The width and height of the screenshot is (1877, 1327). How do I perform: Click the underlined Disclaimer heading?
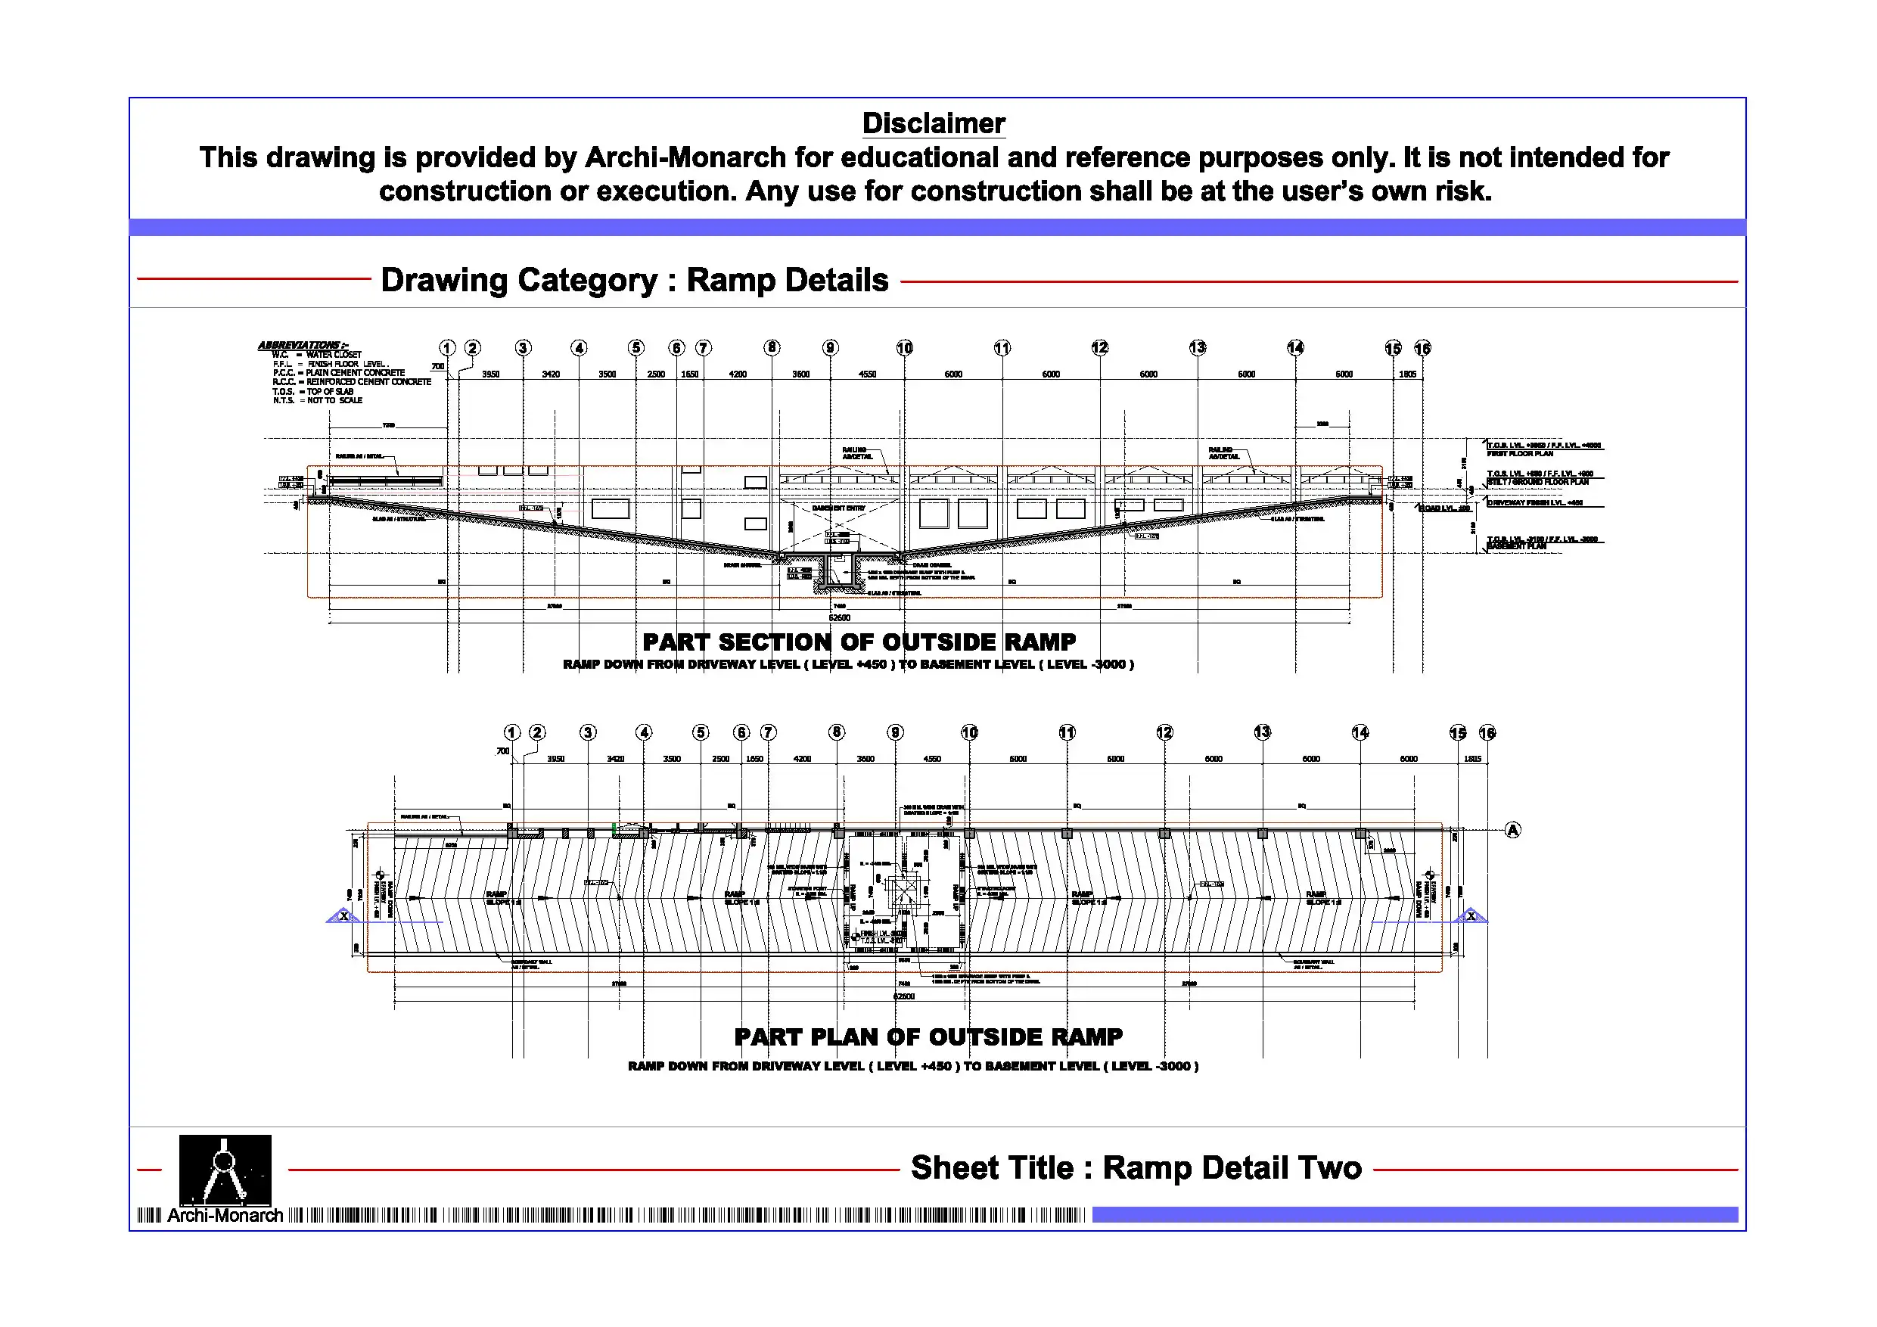tap(933, 123)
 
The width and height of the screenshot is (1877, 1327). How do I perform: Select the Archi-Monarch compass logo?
tap(225, 1170)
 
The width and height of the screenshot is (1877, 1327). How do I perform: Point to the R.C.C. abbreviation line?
tap(352, 382)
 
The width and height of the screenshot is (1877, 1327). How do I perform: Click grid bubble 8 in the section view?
tap(772, 347)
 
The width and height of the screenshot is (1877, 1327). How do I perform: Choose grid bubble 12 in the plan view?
tap(1164, 732)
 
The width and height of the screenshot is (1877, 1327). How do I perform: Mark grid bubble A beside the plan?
tap(1512, 830)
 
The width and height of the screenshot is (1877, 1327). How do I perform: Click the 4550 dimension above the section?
tap(866, 374)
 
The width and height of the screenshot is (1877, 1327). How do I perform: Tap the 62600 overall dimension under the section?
tap(840, 617)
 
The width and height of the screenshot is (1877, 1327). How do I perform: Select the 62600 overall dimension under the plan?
tap(904, 996)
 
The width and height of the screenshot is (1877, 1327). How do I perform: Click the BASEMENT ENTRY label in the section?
tap(838, 508)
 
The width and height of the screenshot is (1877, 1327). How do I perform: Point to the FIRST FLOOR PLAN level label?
tap(1520, 453)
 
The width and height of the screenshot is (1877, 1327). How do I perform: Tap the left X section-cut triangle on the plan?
tap(343, 915)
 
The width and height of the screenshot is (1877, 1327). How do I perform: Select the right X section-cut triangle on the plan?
tap(1471, 915)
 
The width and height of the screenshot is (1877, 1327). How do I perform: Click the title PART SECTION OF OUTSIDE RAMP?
tap(859, 642)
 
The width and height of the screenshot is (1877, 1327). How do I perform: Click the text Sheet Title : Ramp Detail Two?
tap(1136, 1167)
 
